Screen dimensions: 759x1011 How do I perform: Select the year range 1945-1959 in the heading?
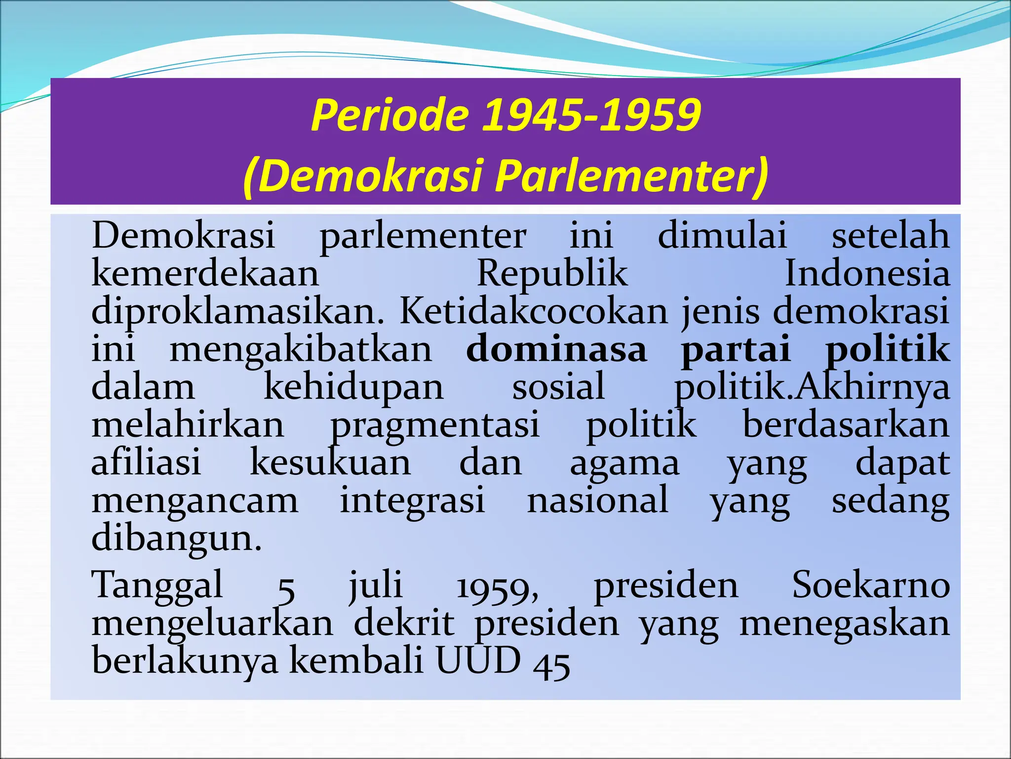[x=591, y=116]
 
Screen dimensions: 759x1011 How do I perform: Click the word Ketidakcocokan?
[x=533, y=311]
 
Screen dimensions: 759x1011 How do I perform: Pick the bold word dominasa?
[x=556, y=349]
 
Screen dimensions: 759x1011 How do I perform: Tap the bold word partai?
[x=736, y=350]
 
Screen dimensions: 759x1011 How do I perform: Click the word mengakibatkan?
[x=301, y=350]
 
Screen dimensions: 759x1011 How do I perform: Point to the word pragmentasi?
[x=435, y=425]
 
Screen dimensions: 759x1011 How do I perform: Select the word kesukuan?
[x=330, y=463]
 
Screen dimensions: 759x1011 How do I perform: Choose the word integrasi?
[x=412, y=501]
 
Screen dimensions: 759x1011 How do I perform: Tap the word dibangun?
[x=176, y=539]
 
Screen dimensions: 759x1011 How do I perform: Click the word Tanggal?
[x=157, y=586]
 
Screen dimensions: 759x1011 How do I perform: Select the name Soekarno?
[x=871, y=585]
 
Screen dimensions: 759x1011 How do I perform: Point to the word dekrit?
[x=404, y=624]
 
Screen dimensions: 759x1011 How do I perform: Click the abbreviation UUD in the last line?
[x=478, y=661]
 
